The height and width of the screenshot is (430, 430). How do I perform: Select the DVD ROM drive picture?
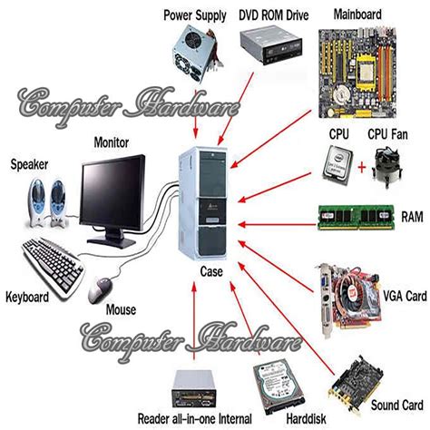tap(269, 46)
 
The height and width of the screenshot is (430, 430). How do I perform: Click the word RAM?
tap(413, 218)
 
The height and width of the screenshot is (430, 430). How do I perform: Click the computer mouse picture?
tap(100, 290)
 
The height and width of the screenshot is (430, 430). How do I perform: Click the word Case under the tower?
tap(212, 270)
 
